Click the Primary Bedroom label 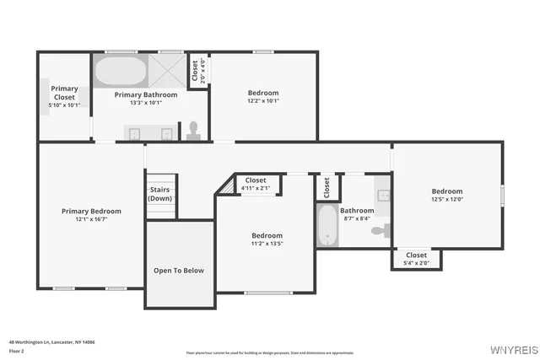[91, 211]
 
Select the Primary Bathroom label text [146, 95]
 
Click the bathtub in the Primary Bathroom [120, 72]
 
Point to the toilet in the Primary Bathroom [193, 129]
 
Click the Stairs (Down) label [160, 194]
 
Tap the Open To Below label [178, 271]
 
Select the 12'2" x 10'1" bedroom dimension [262, 101]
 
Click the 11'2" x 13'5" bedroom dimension [267, 244]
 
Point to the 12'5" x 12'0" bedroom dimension [447, 200]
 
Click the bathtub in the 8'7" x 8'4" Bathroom [327, 226]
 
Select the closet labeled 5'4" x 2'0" [416, 258]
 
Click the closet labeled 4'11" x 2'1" [256, 184]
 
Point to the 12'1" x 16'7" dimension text [91, 219]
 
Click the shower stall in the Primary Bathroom [168, 67]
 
